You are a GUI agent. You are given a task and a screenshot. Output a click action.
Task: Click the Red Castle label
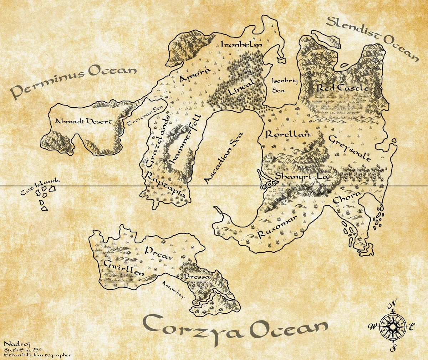pos(342,88)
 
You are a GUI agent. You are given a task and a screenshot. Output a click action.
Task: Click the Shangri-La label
pos(302,176)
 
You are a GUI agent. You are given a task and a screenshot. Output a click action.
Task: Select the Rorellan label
pos(287,134)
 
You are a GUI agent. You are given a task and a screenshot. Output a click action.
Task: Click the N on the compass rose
pos(393,304)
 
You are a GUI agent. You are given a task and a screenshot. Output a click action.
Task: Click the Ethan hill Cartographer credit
pos(38,355)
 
